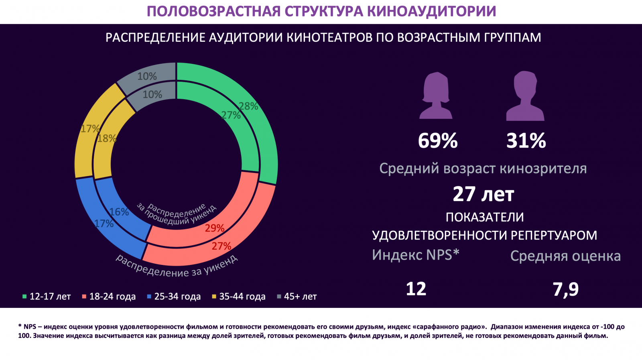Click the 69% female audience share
pos(438,141)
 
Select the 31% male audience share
pos(526,141)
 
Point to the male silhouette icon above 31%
pos(525,96)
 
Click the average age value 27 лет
pos(483,194)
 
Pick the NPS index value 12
pos(416,289)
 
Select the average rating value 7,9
pos(566,289)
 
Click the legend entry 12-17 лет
pos(46,297)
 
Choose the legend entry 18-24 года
pos(109,297)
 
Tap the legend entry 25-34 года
pos(174,297)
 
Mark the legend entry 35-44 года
pos(239,297)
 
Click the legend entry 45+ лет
pos(297,297)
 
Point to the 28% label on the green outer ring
pos(248,106)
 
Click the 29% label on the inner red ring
pos(215,228)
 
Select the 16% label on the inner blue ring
pos(119,212)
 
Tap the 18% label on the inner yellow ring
pos(107,138)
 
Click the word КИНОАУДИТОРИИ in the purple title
pos(431,11)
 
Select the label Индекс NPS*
pos(415,255)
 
